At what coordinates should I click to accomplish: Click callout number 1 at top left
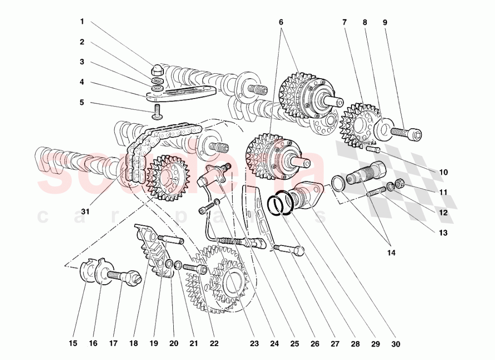point(82,22)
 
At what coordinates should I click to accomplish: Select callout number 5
point(82,103)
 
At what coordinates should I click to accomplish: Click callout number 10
point(443,172)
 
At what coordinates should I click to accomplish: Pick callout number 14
point(391,253)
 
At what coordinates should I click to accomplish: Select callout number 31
point(85,211)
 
